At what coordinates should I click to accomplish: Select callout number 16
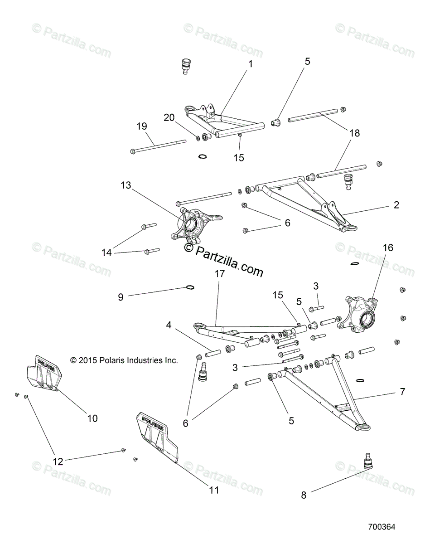click(x=388, y=248)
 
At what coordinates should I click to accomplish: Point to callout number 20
click(x=169, y=118)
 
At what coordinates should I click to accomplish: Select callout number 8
click(x=304, y=495)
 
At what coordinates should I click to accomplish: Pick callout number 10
click(x=92, y=418)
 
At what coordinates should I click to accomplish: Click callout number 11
click(x=214, y=490)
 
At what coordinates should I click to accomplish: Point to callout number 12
click(x=58, y=461)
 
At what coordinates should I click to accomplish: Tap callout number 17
click(x=220, y=286)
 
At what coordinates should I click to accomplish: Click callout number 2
click(x=396, y=205)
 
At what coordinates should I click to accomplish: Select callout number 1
click(x=251, y=64)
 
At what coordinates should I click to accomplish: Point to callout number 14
click(x=106, y=253)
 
